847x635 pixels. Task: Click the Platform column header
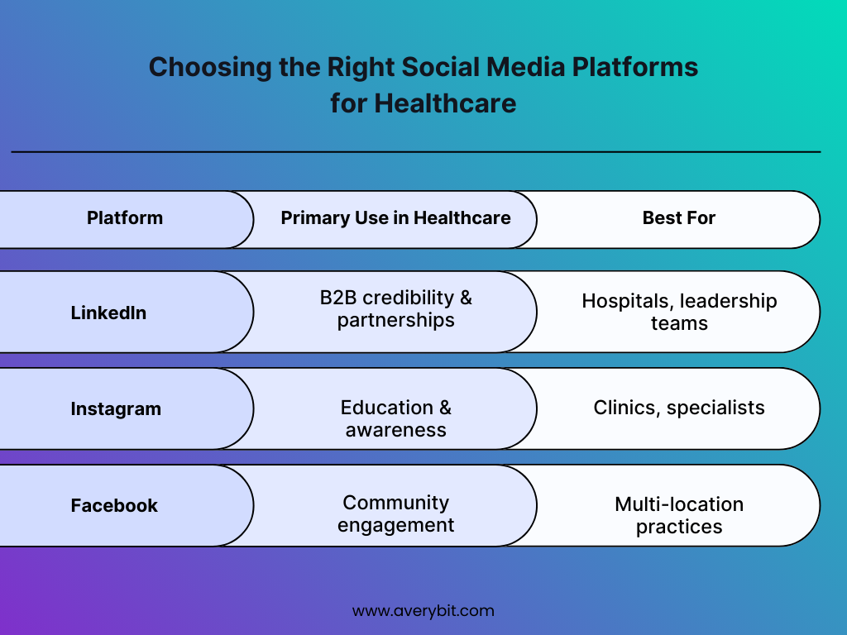[125, 218]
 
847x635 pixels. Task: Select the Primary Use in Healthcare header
[395, 218]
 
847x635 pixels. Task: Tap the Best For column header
[678, 218]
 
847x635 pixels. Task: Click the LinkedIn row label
[108, 313]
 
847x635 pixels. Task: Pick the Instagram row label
[116, 408]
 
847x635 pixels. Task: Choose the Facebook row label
[114, 505]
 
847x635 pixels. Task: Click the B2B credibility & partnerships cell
[395, 308]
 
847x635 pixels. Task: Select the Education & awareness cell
[395, 418]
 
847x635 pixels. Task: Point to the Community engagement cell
[395, 513]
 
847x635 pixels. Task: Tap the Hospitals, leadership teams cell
[678, 312]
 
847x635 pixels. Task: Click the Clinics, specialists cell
[678, 408]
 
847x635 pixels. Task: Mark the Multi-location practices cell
[678, 515]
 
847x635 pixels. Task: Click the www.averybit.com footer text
[423, 611]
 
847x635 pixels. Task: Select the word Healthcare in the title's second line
[445, 104]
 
